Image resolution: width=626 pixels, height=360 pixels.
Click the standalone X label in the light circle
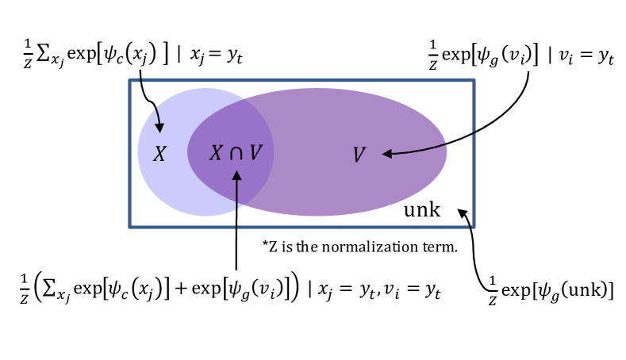pyautogui.click(x=159, y=155)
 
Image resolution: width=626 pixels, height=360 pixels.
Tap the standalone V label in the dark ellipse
pyautogui.click(x=359, y=155)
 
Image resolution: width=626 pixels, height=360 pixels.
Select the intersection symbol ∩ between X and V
pyautogui.click(x=236, y=154)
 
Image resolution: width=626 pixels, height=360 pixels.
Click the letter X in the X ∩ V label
pyautogui.click(x=216, y=153)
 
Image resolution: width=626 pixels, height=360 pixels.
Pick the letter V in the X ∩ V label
pyautogui.click(x=255, y=153)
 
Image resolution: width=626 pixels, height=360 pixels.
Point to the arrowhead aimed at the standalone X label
pyautogui.click(x=159, y=127)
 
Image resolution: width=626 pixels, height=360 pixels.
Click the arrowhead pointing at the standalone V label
pyautogui.click(x=387, y=154)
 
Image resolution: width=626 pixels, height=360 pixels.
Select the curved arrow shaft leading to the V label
pyautogui.click(x=421, y=149)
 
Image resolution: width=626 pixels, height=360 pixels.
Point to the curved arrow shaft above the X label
pyautogui.click(x=157, y=115)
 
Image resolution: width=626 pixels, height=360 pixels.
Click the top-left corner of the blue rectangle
pyautogui.click(x=130, y=80)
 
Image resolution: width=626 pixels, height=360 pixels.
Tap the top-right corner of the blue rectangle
pyautogui.click(x=474, y=80)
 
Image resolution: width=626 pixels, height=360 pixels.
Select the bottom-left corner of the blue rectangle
pyautogui.click(x=130, y=227)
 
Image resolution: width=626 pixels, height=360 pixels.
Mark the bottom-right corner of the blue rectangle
pyautogui.click(x=474, y=227)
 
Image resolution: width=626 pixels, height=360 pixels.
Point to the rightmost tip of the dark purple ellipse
pyautogui.click(x=447, y=151)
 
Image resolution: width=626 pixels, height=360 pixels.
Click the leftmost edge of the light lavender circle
pyautogui.click(x=138, y=151)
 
